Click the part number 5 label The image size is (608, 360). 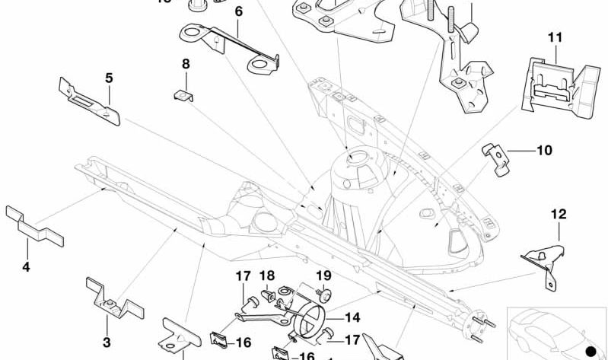[109, 78]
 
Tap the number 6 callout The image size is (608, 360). [238, 12]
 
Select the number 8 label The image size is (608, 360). [185, 64]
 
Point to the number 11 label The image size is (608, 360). [554, 36]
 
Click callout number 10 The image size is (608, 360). [544, 151]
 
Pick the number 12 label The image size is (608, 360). [559, 215]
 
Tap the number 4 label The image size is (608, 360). [26, 266]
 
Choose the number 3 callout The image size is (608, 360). [107, 342]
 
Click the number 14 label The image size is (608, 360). [352, 317]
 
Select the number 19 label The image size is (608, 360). [324, 276]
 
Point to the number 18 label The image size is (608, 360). [267, 276]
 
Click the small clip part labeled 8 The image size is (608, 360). [182, 94]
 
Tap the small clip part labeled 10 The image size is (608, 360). [494, 158]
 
